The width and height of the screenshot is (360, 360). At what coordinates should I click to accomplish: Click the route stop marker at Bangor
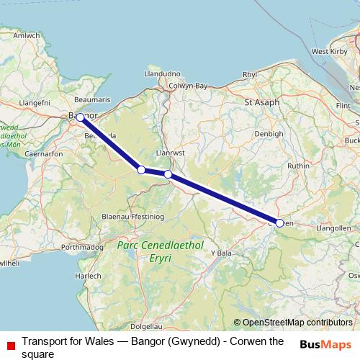(x=81, y=117)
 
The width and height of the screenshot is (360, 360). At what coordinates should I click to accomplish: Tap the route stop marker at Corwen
(x=279, y=222)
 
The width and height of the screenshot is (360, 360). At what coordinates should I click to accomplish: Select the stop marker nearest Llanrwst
(x=168, y=174)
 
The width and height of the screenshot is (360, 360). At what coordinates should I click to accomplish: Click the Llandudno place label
(x=161, y=73)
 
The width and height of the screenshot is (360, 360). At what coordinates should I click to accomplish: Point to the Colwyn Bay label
(x=188, y=86)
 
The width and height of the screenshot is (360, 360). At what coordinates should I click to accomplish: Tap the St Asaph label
(x=261, y=102)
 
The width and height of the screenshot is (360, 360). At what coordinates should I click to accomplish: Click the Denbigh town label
(x=269, y=134)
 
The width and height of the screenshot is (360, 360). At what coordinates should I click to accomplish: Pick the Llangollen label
(x=333, y=228)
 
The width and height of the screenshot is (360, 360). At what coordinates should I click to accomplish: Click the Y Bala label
(x=222, y=253)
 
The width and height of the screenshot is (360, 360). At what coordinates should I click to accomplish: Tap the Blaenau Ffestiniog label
(x=136, y=217)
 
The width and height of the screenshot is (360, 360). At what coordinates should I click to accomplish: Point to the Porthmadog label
(x=84, y=247)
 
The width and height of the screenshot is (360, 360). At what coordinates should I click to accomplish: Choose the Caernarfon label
(x=44, y=153)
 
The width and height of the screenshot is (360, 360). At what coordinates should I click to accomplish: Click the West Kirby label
(x=330, y=52)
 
